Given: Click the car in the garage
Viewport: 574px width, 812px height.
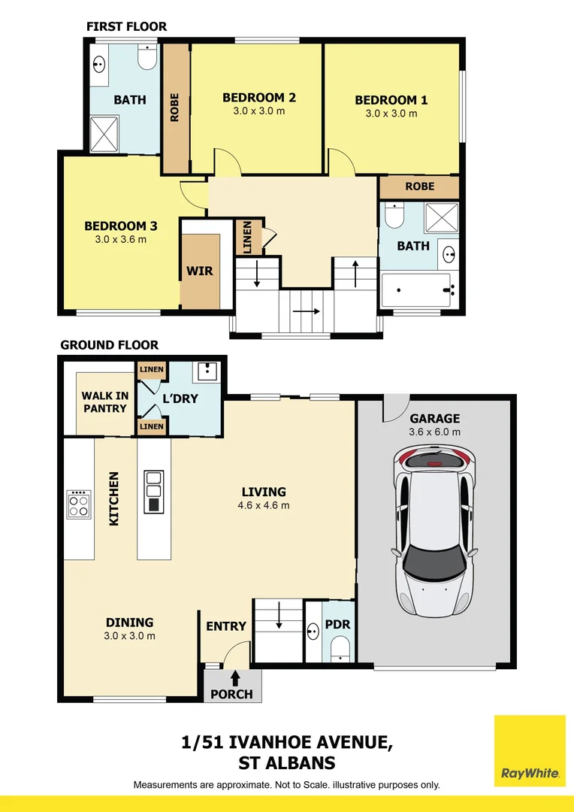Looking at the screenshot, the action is point(434,532).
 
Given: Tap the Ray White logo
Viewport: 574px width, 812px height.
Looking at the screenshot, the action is point(530,750).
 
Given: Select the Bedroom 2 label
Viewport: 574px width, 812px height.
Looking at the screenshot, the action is point(258,97).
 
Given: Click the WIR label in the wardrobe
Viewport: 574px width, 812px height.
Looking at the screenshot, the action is point(199,271).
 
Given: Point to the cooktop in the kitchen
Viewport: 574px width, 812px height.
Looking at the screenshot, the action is point(79,504).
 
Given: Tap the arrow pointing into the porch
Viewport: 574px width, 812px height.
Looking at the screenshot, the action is point(235,678).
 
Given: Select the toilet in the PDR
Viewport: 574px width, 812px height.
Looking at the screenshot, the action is point(340,649).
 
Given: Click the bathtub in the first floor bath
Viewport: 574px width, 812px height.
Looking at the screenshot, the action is point(418,290).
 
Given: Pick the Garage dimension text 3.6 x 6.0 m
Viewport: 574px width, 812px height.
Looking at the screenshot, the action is point(435,432).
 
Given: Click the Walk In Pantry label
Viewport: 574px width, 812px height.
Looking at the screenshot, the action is point(105,401).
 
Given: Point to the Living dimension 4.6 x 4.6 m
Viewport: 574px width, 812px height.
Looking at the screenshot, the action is point(264,505).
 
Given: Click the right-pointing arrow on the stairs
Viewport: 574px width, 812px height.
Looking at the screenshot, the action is point(307,312).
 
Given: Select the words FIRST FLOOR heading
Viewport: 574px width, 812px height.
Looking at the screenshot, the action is point(126,26).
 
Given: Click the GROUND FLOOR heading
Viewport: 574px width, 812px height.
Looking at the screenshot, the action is point(109,345).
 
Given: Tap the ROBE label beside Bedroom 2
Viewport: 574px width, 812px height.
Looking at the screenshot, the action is point(174,108).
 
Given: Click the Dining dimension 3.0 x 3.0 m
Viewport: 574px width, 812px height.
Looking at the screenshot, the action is point(129,636).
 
